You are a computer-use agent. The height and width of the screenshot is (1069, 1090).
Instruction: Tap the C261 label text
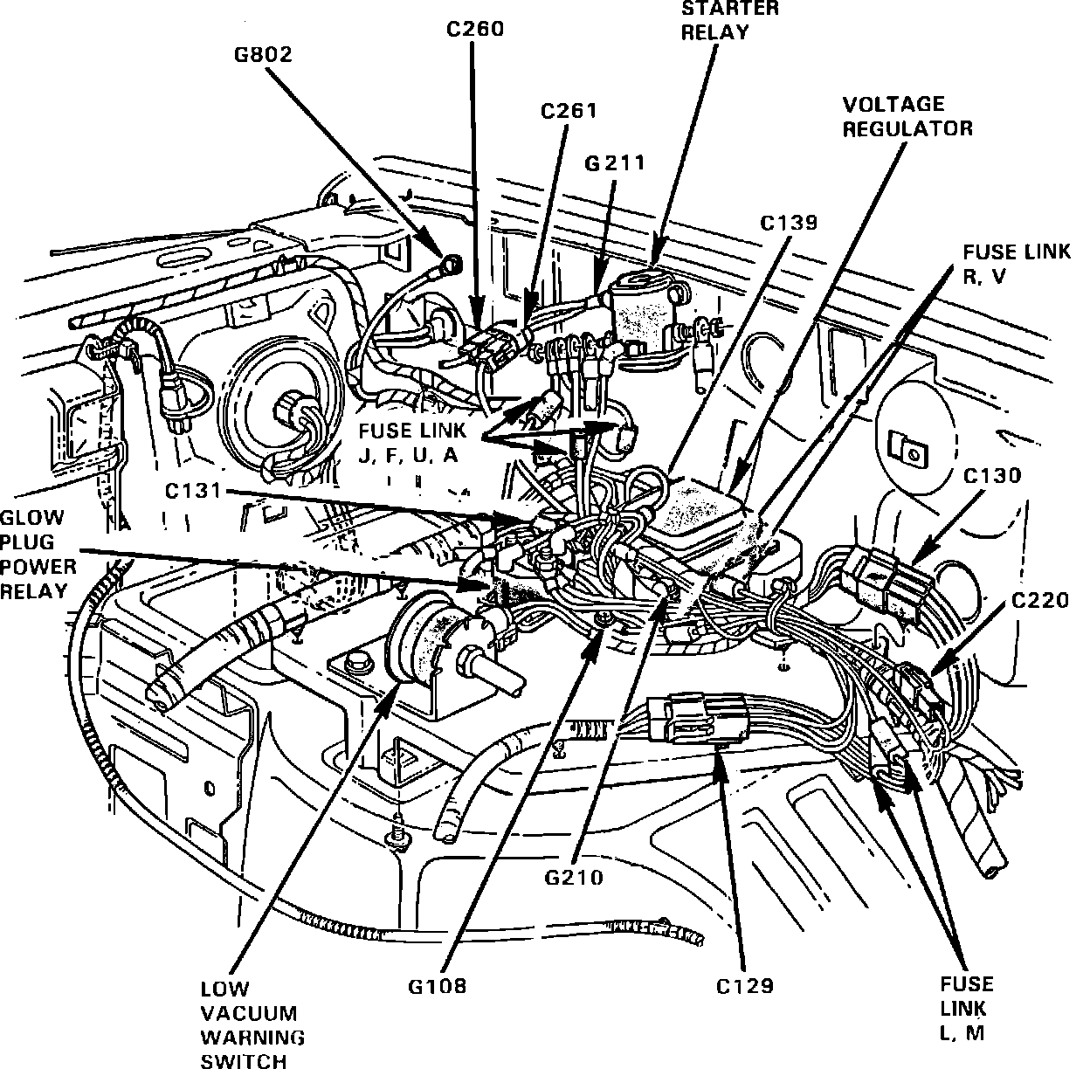pyautogui.click(x=569, y=111)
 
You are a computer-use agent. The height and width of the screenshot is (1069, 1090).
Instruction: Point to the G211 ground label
pyautogui.click(x=615, y=162)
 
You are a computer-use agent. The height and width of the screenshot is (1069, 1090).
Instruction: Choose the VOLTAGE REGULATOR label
pyautogui.click(x=907, y=116)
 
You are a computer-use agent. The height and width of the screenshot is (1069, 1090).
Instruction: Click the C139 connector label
pyautogui.click(x=788, y=222)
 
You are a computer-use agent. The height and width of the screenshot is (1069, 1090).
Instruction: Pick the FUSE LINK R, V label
pyautogui.click(x=1017, y=264)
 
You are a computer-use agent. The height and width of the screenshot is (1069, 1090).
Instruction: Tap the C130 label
pyautogui.click(x=991, y=476)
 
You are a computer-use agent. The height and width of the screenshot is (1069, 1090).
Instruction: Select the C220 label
pyautogui.click(x=1040, y=600)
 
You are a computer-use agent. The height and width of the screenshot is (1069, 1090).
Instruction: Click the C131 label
pyautogui.click(x=194, y=492)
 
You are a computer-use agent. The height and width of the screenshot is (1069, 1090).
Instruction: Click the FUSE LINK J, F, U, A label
pyautogui.click(x=411, y=443)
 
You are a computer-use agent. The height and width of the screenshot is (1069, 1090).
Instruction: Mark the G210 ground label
pyautogui.click(x=573, y=876)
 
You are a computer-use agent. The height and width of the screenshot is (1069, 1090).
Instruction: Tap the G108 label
pyautogui.click(x=437, y=986)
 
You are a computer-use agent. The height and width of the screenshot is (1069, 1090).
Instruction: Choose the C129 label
pyautogui.click(x=744, y=986)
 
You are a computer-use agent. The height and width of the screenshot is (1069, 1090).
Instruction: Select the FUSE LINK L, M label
pyautogui.click(x=967, y=1008)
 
